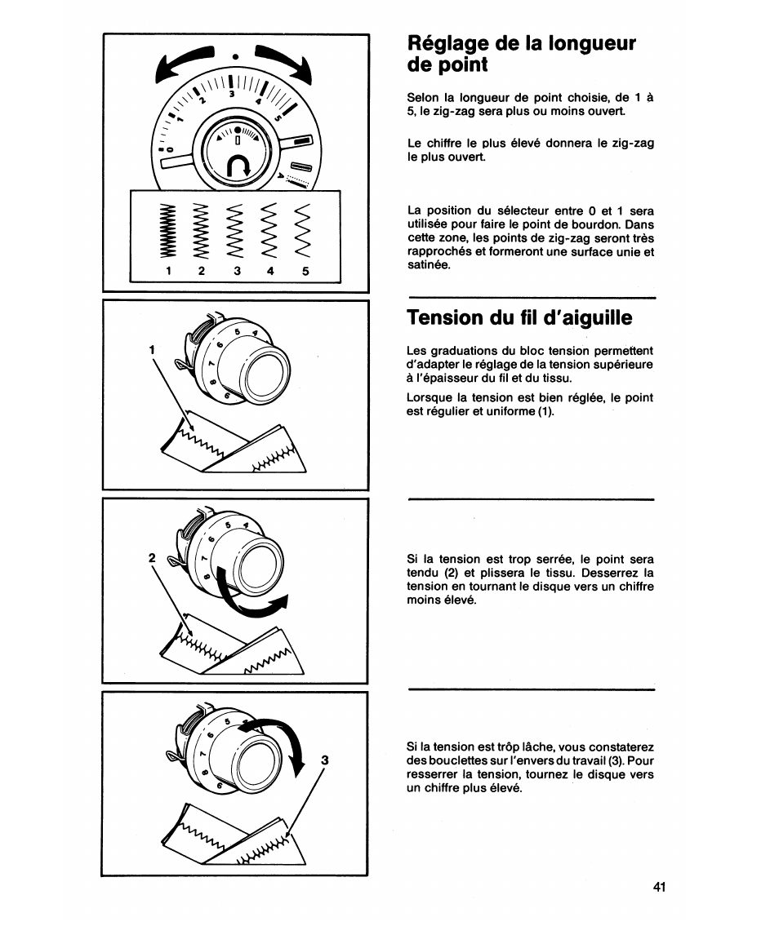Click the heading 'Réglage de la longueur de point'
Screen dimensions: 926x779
[521, 53]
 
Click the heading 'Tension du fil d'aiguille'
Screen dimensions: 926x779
[519, 317]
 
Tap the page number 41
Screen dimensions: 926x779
[660, 887]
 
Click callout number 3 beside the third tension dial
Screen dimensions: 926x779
[324, 760]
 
